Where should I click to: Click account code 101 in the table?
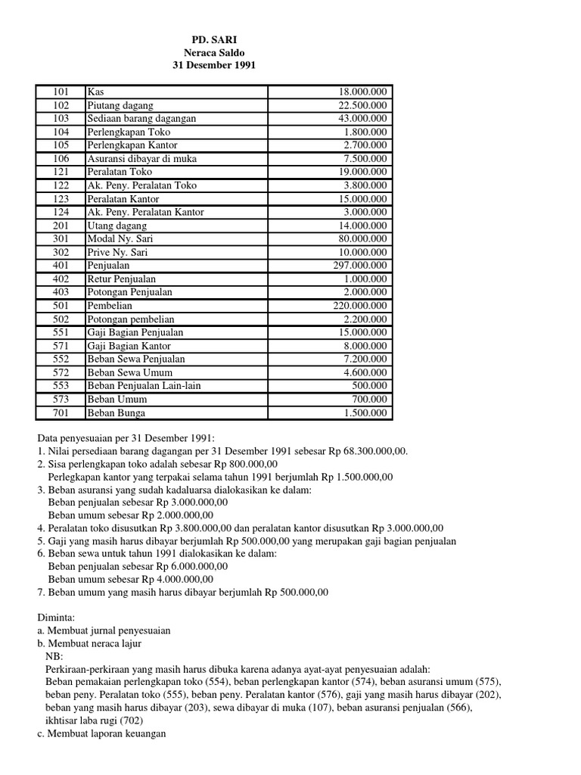[x=61, y=92]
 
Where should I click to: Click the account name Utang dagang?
[x=117, y=226]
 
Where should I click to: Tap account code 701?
[x=61, y=412]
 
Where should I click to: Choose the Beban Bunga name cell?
[x=117, y=412]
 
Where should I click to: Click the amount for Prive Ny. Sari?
[x=362, y=252]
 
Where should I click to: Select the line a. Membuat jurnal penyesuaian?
[x=104, y=630]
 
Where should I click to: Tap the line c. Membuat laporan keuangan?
[x=101, y=734]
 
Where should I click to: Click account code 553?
[x=61, y=386]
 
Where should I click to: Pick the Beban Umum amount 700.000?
[x=370, y=399]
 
